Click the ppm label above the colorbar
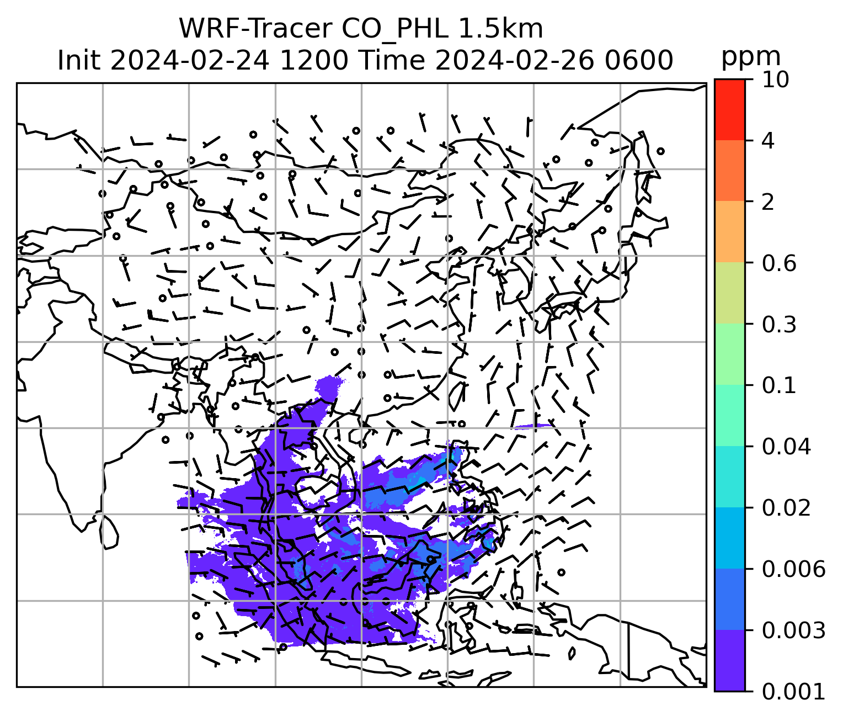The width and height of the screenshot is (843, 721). (751, 56)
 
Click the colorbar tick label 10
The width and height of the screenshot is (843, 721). (775, 80)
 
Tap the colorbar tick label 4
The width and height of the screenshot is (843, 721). (768, 141)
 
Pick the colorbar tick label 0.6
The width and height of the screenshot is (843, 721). (778, 263)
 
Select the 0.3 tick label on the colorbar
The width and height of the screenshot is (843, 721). (778, 325)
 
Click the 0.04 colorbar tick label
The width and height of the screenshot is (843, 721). (786, 447)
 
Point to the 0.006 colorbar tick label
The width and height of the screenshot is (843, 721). (793, 569)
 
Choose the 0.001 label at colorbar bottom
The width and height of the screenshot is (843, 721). (793, 691)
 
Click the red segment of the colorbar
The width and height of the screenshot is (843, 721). (729, 109)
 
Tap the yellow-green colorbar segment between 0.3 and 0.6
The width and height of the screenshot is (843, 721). (729, 293)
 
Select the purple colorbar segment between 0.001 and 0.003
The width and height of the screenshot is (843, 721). (729, 660)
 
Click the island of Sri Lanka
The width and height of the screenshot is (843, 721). (109, 532)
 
